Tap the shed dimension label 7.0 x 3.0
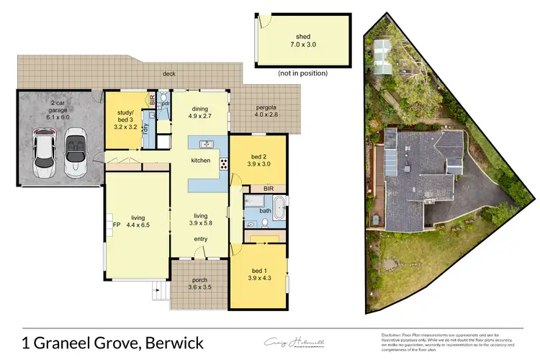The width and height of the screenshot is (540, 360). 302,45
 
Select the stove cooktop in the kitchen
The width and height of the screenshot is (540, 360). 223,163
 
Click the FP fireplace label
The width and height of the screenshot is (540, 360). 116,224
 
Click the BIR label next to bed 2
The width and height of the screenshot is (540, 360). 269,188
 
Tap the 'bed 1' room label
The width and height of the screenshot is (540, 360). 258,269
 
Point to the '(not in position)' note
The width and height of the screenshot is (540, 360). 302,73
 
